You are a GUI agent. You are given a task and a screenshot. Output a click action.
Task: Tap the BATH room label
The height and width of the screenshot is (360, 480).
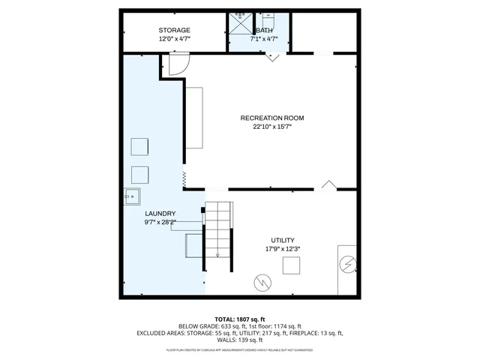[x=265, y=30]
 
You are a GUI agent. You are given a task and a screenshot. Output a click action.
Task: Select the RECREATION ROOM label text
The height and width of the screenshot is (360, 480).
[x=271, y=118]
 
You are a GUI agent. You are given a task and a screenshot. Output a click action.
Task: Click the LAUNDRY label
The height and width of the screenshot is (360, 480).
[x=160, y=213]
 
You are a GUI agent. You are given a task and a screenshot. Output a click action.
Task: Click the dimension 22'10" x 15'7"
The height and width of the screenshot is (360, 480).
[x=271, y=127]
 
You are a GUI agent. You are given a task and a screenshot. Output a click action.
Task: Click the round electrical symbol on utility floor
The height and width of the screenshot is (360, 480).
[x=262, y=283]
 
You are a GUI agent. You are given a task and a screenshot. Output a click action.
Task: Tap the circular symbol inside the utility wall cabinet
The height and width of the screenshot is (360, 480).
[x=347, y=265]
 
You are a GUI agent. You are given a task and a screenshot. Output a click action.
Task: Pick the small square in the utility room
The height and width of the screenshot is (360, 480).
[x=291, y=265]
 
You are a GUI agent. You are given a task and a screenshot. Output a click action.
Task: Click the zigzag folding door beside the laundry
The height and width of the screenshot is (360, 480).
[x=184, y=179]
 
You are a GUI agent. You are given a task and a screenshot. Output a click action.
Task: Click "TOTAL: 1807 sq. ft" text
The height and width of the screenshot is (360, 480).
[x=240, y=318]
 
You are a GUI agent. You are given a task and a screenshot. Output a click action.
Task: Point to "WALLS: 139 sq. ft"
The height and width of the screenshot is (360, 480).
[x=240, y=341]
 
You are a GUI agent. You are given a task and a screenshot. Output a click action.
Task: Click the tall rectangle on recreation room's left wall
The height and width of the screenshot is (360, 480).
[x=194, y=118]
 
